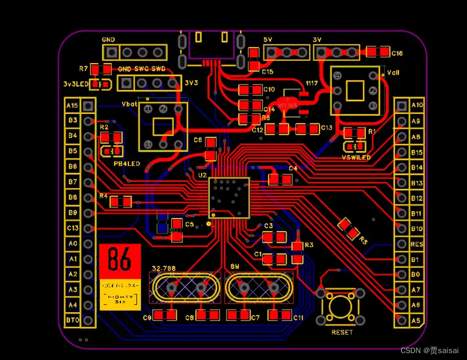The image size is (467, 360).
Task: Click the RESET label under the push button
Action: click(342, 332)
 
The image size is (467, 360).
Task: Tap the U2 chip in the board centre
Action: click(229, 197)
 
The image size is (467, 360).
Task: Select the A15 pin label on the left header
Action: click(72, 106)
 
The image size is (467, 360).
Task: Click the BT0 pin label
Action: click(72, 320)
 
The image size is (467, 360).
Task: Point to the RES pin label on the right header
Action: click(417, 244)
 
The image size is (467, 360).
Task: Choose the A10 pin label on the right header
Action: click(417, 105)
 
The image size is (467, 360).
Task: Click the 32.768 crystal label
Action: click(164, 268)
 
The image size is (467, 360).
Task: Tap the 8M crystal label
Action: click(235, 268)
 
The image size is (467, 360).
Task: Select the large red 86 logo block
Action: click(120, 260)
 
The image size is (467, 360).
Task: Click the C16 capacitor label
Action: click(397, 54)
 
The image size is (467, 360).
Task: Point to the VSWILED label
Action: click(356, 157)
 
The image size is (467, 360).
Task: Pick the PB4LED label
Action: click(127, 164)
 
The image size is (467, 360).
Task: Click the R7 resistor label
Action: click(83, 69)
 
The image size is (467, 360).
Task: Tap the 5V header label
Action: click(268, 40)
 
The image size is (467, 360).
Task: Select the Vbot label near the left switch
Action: click(129, 104)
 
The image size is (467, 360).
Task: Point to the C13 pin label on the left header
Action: click(72, 228)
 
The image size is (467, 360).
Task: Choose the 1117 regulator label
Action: click(311, 84)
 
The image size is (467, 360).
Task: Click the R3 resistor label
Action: click(309, 245)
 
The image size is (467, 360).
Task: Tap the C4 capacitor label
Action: click(292, 168)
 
